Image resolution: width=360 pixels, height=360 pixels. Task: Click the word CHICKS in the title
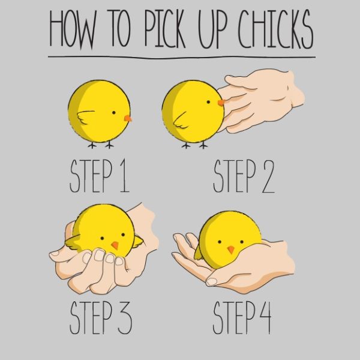pyautogui.click(x=275, y=29)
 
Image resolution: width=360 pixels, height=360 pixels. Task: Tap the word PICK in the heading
pyautogui.click(x=164, y=28)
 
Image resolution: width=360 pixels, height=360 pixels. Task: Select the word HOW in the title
pyautogui.click(x=73, y=29)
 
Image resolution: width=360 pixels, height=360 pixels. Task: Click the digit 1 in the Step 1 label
pyautogui.click(x=125, y=176)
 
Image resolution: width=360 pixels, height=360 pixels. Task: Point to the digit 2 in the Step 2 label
pyautogui.click(x=268, y=176)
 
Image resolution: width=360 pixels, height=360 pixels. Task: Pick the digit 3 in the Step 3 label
pyautogui.click(x=125, y=318)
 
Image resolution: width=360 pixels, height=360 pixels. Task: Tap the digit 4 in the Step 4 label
pyautogui.click(x=265, y=318)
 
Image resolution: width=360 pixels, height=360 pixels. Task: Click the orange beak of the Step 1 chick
pyautogui.click(x=128, y=118)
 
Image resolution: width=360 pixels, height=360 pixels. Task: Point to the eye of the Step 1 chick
pyautogui.click(x=113, y=113)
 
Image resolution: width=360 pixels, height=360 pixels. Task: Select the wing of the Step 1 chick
pyautogui.click(x=85, y=117)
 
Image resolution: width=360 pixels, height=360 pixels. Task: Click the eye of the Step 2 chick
pyautogui.click(x=208, y=102)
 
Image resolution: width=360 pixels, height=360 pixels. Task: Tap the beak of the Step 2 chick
pyautogui.click(x=221, y=103)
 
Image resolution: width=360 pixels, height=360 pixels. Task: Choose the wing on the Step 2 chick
pyautogui.click(x=181, y=121)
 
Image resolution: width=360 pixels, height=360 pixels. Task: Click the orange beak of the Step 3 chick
pyautogui.click(x=115, y=245)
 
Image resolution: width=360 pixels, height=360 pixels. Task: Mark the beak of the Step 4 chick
pyautogui.click(x=231, y=250)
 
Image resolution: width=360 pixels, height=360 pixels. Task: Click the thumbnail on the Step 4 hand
pyautogui.click(x=211, y=281)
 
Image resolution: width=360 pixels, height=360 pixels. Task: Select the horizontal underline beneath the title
pyautogui.click(x=182, y=57)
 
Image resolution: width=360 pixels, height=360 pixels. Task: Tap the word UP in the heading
pyautogui.click(x=212, y=29)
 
